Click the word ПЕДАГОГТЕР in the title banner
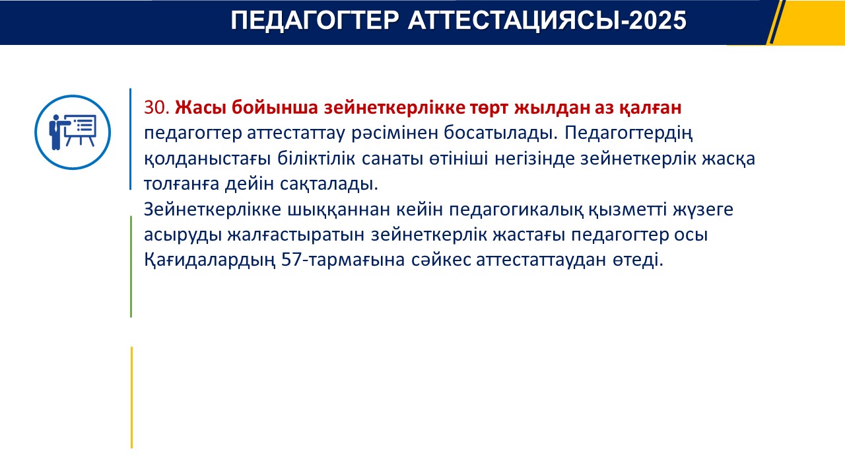(315, 20)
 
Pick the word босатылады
(500, 134)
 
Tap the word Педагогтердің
(628, 134)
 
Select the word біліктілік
(316, 159)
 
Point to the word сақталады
(329, 184)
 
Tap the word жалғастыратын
(296, 235)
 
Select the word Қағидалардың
(210, 260)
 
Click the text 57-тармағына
(343, 260)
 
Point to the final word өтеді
(638, 260)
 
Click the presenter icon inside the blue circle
(73, 132)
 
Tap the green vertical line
(131, 266)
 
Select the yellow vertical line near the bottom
(131, 397)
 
